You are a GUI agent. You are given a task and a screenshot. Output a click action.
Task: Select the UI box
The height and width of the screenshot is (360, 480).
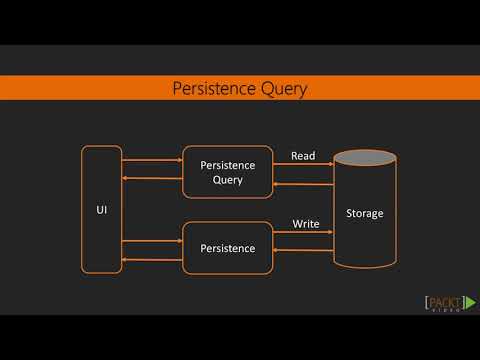point(101,209)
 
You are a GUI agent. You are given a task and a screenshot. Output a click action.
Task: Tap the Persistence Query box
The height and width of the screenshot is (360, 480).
point(228,172)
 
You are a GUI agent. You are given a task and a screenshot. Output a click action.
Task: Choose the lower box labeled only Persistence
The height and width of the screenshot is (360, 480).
point(228,248)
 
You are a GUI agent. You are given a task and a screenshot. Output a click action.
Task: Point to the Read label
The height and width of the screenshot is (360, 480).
point(303,156)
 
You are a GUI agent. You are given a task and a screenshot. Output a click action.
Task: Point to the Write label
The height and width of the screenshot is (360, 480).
point(305,224)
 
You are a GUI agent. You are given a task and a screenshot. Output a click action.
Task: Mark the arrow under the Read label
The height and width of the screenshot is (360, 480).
point(303,167)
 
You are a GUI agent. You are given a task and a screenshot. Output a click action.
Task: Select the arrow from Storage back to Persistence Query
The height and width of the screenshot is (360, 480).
point(303,186)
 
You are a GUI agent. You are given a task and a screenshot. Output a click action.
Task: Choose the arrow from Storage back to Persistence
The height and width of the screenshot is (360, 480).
point(303,252)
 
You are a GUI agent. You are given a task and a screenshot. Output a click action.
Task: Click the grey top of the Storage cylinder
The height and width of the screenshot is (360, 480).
point(364,157)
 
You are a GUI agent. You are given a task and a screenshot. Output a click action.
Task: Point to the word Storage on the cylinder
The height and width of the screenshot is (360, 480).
point(364,214)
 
